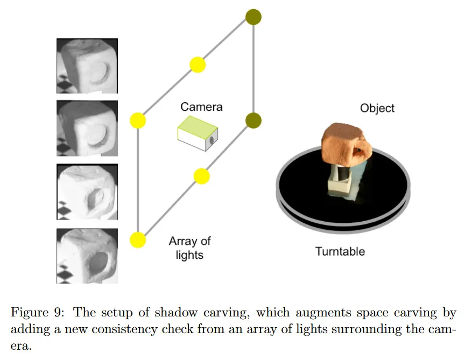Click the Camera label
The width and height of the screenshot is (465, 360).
(x=201, y=107)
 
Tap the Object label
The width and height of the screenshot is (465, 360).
(x=377, y=108)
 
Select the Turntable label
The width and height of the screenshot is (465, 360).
(x=340, y=251)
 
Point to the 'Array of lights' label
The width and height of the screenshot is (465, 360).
(x=190, y=248)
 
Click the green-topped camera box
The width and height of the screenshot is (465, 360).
(x=198, y=135)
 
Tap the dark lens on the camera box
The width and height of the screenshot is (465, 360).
(x=212, y=139)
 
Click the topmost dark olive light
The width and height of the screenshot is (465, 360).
(x=253, y=17)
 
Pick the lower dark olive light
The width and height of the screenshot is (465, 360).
(x=253, y=121)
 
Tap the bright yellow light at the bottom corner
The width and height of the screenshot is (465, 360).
(x=138, y=239)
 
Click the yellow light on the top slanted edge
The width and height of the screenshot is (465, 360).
(x=198, y=65)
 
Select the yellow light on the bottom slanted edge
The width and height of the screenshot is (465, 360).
(x=201, y=176)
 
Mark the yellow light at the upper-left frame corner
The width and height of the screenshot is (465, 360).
(x=138, y=121)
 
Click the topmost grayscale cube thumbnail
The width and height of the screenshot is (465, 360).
(x=87, y=65)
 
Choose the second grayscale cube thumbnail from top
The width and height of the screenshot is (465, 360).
(x=87, y=128)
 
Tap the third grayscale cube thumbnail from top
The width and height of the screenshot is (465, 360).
(x=87, y=192)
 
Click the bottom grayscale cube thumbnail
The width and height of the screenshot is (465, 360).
(x=87, y=256)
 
